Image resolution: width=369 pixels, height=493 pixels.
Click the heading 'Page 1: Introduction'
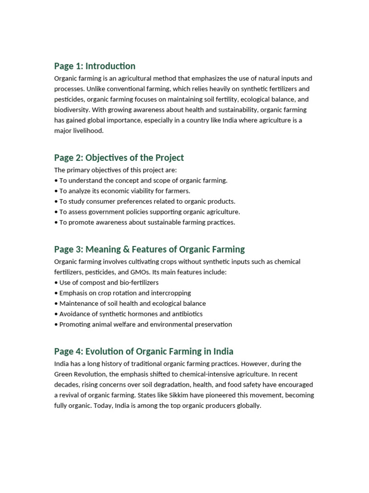tap(95, 66)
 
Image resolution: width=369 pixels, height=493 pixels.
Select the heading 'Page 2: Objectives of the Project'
tap(119, 157)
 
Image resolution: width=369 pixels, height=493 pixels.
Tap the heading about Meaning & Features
tap(149, 249)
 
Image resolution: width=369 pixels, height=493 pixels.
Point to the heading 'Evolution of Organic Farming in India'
tap(144, 351)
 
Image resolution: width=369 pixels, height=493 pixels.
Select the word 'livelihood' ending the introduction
tap(89, 130)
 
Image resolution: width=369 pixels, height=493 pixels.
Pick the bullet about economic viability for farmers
tap(122, 191)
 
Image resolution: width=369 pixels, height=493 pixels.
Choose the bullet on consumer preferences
tap(145, 201)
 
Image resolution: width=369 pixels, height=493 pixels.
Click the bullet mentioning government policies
tap(147, 212)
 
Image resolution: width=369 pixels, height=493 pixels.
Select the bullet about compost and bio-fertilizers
tap(106, 283)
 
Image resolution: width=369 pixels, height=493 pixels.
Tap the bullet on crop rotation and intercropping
tap(123, 293)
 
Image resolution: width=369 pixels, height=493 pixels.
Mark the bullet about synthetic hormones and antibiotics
tap(128, 314)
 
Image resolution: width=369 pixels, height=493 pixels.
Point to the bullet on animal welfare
tap(143, 324)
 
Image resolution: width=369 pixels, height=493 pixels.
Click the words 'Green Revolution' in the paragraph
tap(77, 374)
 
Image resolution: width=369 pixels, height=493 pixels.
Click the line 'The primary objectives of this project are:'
tap(115, 170)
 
